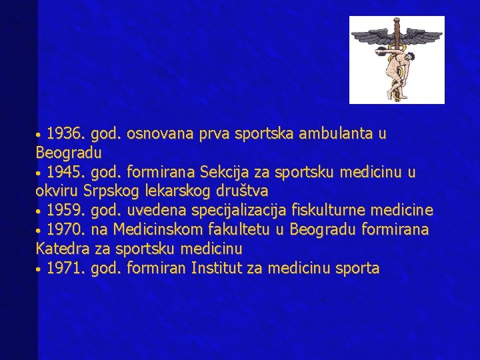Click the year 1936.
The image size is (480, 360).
64,134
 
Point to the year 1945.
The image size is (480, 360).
64,173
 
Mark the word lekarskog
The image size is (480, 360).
175,192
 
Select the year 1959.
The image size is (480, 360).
64,211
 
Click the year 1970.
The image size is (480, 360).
64,230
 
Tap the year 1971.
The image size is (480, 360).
64,269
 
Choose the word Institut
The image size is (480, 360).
215,269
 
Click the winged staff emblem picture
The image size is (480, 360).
397,60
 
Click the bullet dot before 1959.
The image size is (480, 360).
40,212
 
